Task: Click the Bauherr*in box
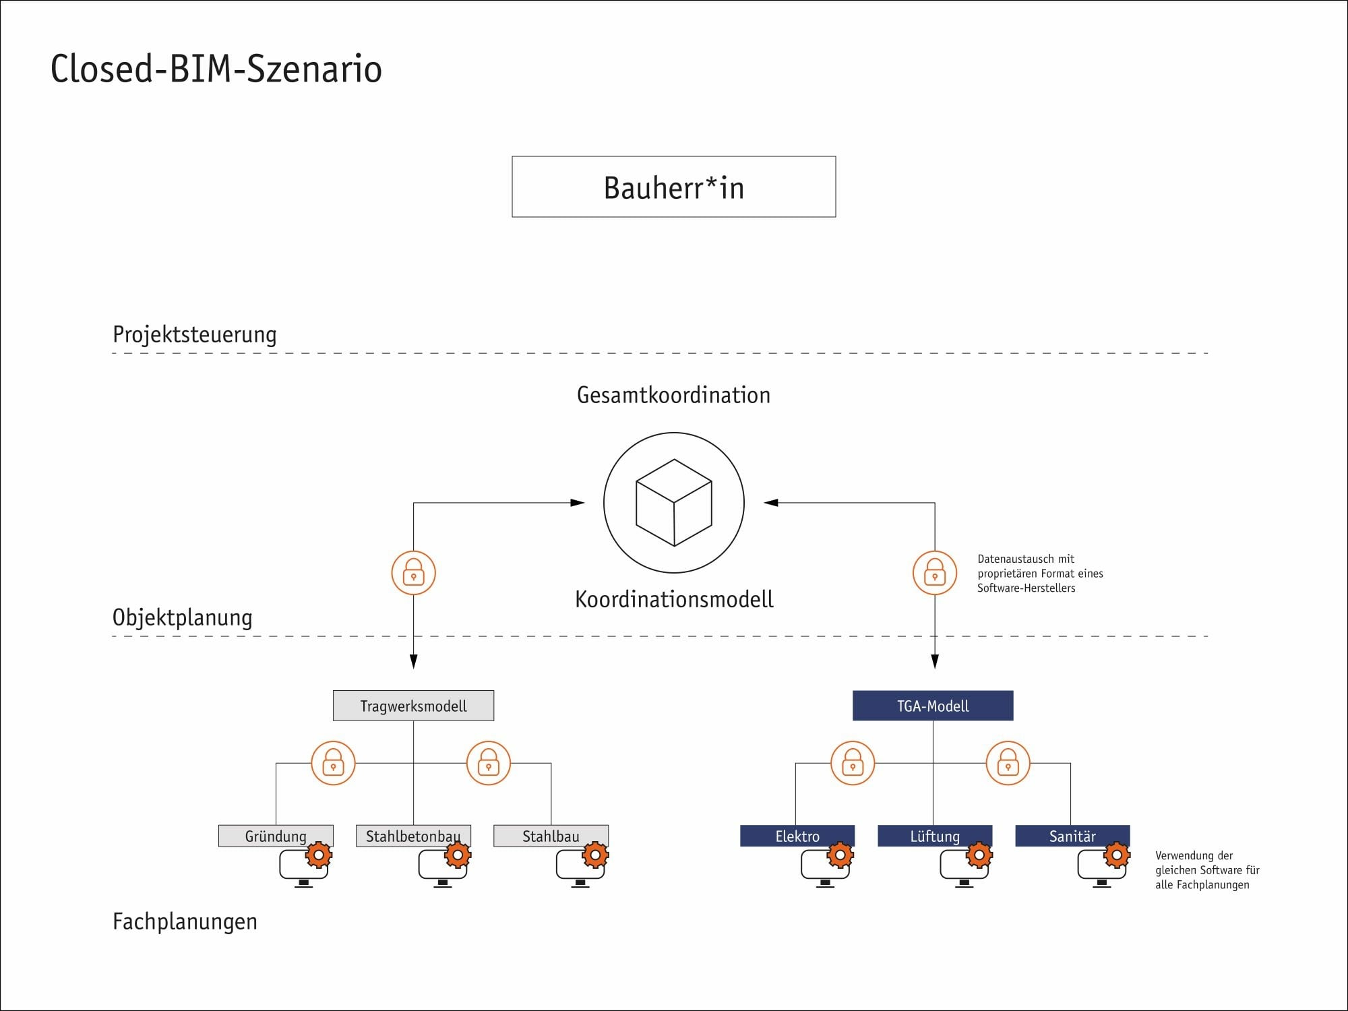[673, 187]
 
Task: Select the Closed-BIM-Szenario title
[216, 69]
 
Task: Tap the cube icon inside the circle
[674, 503]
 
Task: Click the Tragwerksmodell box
[413, 706]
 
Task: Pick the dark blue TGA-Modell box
[933, 706]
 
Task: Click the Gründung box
[276, 836]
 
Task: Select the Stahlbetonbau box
[413, 836]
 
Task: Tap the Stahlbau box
[551, 836]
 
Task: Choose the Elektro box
[797, 836]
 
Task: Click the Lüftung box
[935, 836]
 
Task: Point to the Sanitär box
[1072, 836]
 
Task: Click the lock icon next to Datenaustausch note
[935, 573]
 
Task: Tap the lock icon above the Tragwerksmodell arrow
[413, 573]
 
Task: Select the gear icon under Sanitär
[1117, 855]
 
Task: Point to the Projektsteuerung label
[194, 334]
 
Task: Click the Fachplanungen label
[185, 921]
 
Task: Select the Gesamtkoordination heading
[673, 395]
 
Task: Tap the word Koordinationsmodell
[674, 599]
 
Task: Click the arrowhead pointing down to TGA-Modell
[935, 661]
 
